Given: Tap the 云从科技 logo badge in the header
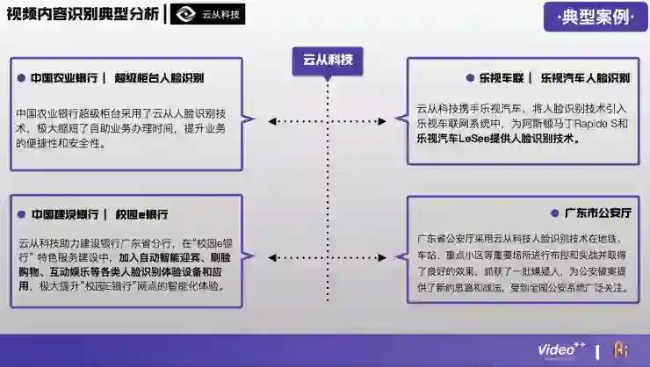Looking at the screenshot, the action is point(208,14).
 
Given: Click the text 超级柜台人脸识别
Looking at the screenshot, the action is point(159,77).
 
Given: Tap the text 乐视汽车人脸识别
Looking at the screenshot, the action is point(585,77).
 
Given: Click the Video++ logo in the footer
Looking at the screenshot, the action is point(560,349).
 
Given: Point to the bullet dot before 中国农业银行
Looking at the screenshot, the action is point(21,77).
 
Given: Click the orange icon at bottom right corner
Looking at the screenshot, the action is point(620,349).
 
